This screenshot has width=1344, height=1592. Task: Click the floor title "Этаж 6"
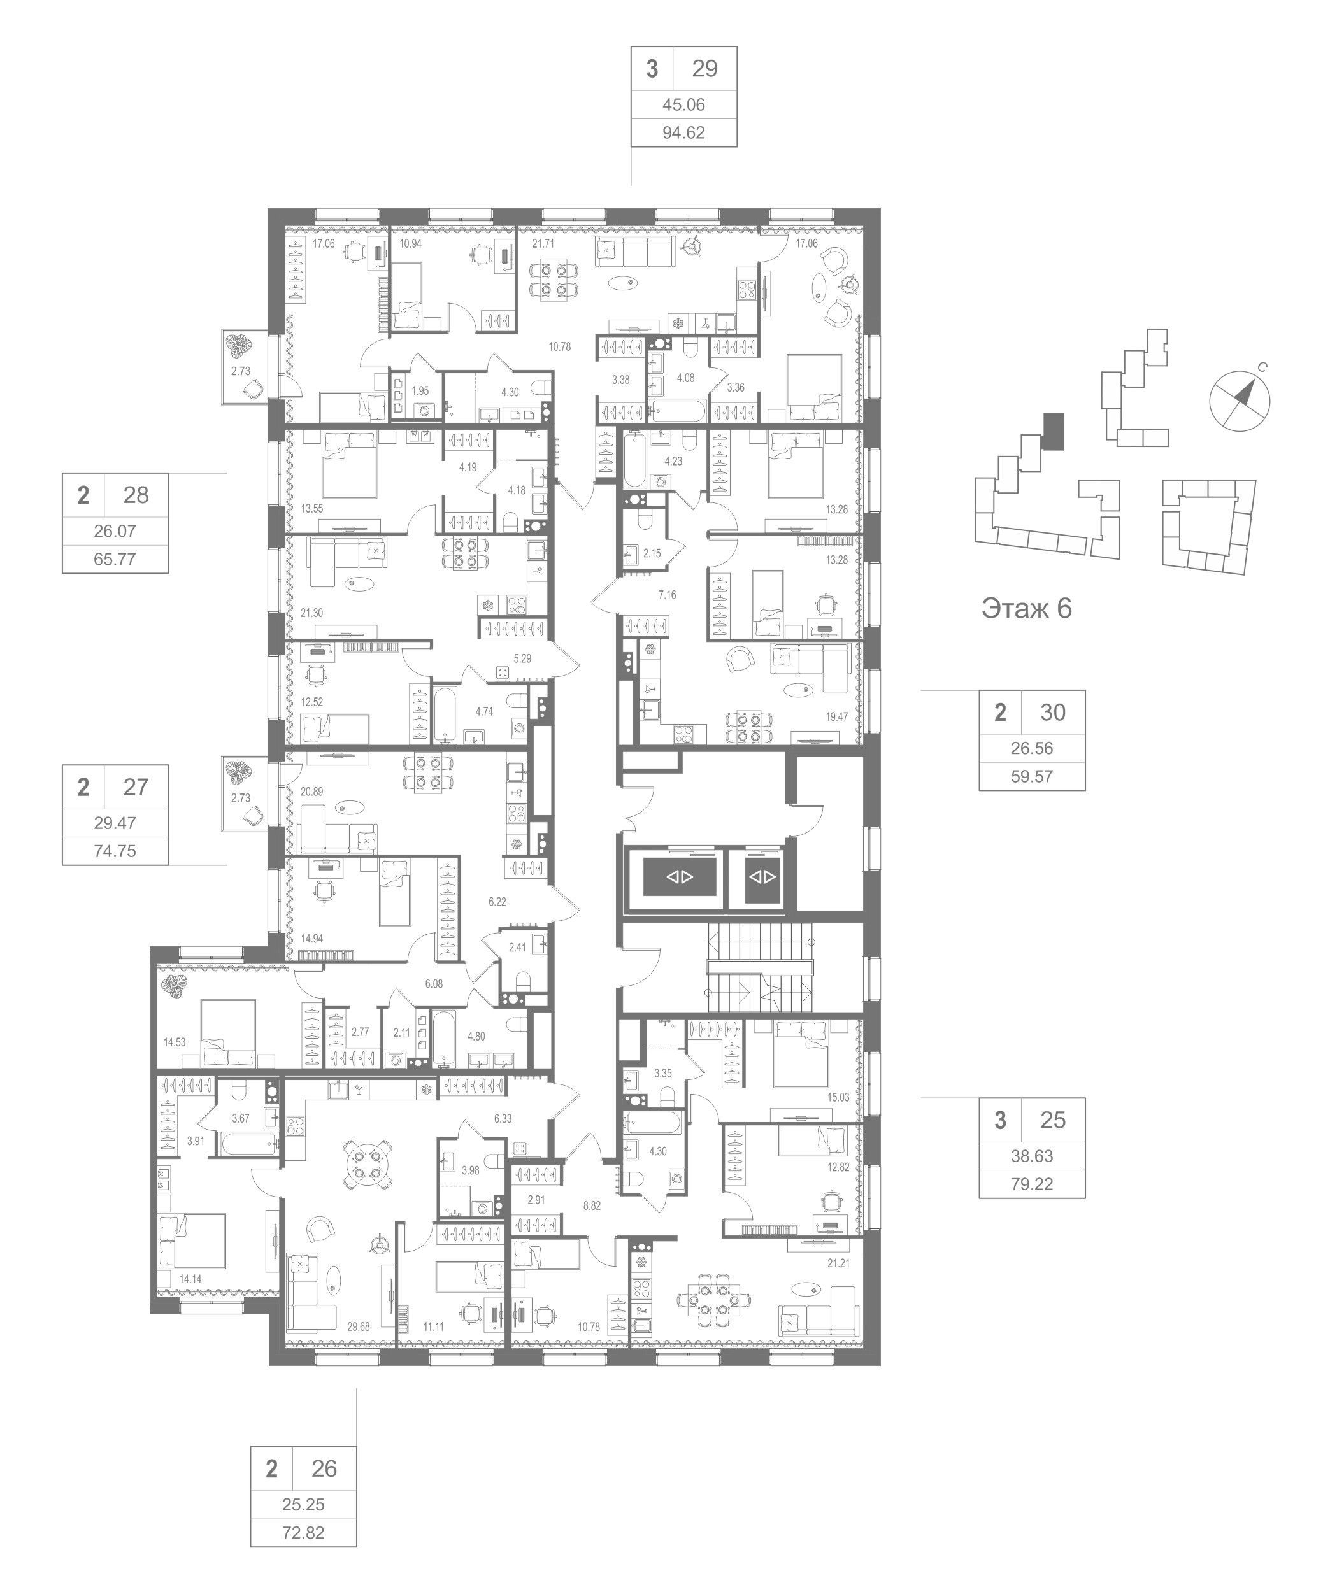pos(1026,609)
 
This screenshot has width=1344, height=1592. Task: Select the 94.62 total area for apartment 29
pos(683,132)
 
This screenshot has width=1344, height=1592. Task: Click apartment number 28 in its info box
pos(136,495)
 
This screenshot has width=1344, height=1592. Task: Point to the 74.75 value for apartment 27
pos(115,851)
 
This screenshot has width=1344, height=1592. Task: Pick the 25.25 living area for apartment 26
pos(303,1504)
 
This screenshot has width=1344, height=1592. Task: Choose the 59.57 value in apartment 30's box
pos(1032,777)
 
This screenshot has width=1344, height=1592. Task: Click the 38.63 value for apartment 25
pos(1032,1156)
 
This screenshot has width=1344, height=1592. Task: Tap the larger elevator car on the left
pos(680,877)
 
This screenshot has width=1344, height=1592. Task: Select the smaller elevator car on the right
pos(762,877)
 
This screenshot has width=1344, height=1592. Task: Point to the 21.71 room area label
pos(543,244)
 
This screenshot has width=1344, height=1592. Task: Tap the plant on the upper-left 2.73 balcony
pos(241,346)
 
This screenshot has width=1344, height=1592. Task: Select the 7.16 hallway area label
pos(668,595)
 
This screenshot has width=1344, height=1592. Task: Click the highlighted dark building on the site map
pos(1053,431)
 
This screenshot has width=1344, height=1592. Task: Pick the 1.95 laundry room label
pos(420,391)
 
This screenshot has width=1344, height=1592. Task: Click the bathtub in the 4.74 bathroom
pos(445,714)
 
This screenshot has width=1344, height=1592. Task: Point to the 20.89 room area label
pos(311,792)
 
